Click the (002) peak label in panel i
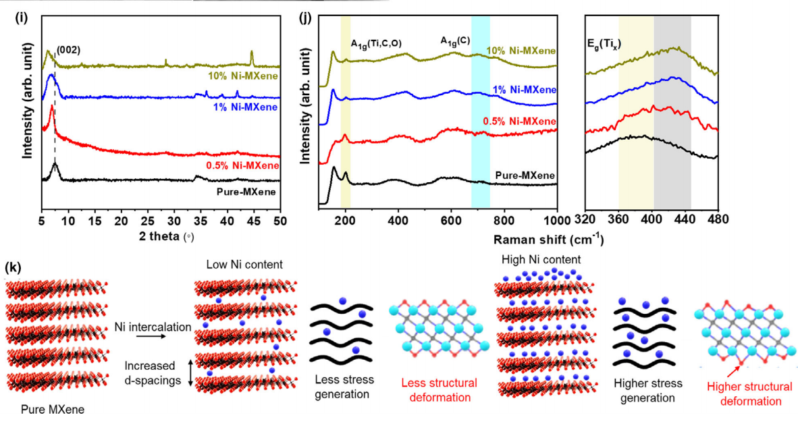pos(68,51)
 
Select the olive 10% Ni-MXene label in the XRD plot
pos(243,76)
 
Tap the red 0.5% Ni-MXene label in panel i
pos(242,165)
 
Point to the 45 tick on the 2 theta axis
pos(253,221)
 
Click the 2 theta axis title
pos(166,237)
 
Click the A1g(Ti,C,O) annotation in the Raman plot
pos(376,44)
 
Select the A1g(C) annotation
pos(455,40)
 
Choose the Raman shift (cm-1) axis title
pos(548,239)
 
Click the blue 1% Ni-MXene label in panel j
pos(524,90)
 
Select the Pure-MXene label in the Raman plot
pos(525,175)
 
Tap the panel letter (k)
pos(13,268)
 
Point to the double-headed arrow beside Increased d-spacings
pos(191,373)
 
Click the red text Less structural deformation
pos(440,389)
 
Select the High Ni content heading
pos(541,259)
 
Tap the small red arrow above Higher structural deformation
pos(733,371)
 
